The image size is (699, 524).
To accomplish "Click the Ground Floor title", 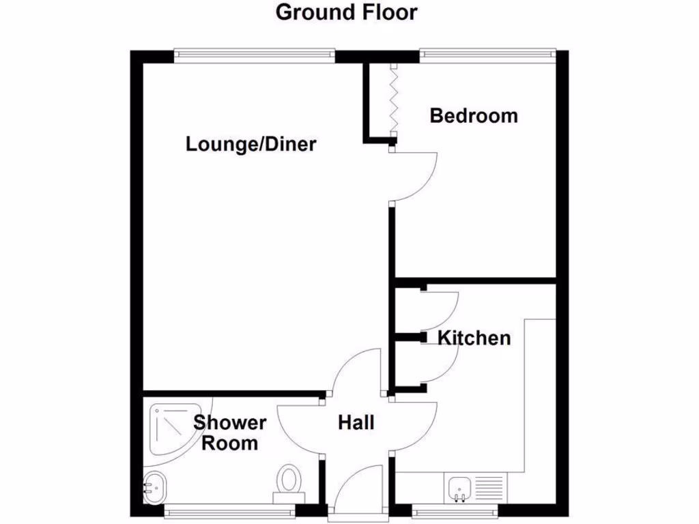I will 346,12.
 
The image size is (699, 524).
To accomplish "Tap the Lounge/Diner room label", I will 251,144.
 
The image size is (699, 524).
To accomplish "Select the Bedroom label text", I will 473,115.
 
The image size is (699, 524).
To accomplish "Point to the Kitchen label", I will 474,337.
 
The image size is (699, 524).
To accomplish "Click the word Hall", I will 356,423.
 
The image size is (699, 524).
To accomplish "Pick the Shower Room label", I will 230,433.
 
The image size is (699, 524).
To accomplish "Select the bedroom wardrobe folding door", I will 393,101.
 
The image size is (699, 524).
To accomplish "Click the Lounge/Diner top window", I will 254,53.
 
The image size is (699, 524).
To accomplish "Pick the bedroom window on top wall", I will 487,53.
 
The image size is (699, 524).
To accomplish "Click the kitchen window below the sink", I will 455,508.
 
